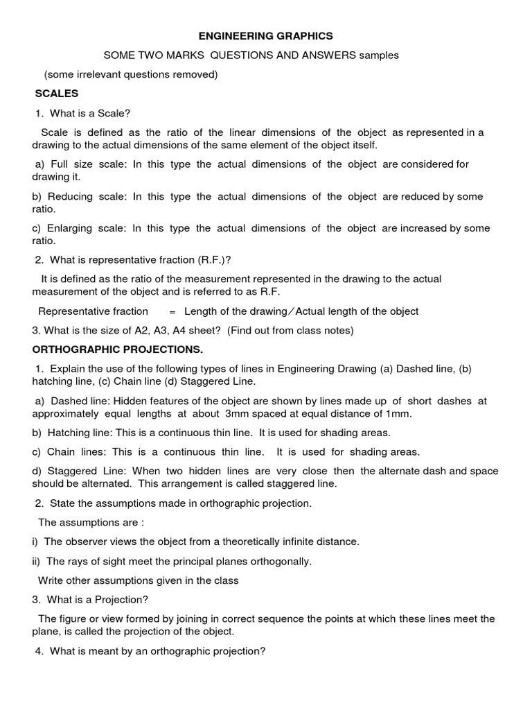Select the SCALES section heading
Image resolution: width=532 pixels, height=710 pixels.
click(57, 94)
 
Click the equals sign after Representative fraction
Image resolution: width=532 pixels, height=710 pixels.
click(172, 311)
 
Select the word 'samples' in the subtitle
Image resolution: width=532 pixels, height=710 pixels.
click(379, 55)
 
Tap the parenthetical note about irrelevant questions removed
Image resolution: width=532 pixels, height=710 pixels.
click(131, 74)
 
